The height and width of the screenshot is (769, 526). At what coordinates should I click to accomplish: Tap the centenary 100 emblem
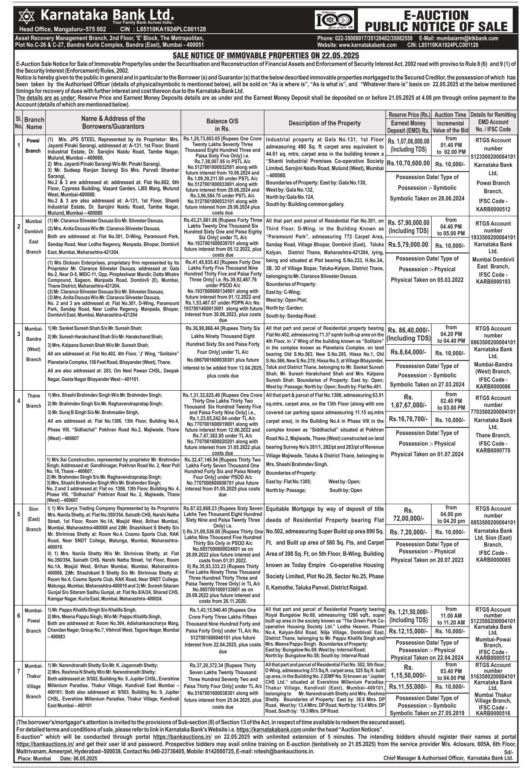(334, 20)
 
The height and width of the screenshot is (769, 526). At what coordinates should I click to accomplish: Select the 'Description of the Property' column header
(324, 123)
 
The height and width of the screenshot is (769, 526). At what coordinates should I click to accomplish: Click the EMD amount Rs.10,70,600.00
(408, 163)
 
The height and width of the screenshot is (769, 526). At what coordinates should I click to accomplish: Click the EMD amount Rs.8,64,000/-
(407, 353)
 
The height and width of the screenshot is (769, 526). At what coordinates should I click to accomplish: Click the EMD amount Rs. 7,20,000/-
(408, 532)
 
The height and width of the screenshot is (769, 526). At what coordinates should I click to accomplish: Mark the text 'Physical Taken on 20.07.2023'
(427, 560)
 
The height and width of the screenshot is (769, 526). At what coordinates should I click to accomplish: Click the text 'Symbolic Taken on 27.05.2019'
(427, 713)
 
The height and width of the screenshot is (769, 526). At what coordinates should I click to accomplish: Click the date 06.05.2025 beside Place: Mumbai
(85, 758)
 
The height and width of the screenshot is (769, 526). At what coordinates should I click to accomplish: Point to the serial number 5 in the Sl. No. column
(18, 514)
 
